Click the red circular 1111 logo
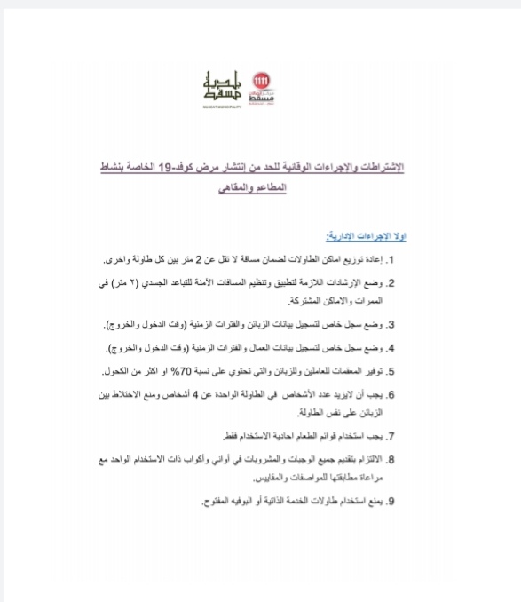coord(261,81)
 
